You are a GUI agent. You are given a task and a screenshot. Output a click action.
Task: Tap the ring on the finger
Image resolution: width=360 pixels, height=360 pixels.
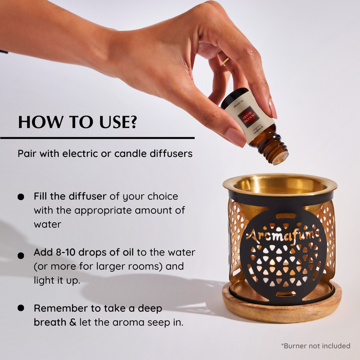click(226, 62)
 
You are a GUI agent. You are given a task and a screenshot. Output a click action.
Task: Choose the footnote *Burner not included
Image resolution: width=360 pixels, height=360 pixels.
click(315, 346)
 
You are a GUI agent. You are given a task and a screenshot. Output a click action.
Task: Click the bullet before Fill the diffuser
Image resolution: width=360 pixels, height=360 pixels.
click(21, 197)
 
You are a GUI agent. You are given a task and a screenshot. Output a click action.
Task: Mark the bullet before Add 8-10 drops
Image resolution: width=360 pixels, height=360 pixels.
click(21, 255)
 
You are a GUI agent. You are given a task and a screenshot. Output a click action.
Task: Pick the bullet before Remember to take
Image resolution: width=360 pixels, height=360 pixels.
click(21, 308)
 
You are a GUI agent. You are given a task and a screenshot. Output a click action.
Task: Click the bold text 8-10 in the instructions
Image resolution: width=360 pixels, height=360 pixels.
click(65, 253)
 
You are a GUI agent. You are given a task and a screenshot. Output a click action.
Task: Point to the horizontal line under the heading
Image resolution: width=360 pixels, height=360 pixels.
click(97, 138)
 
